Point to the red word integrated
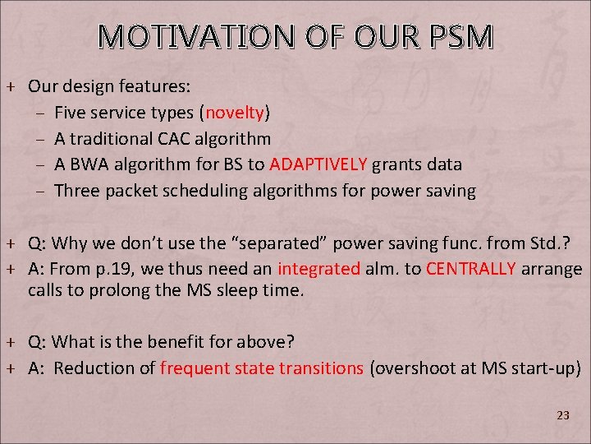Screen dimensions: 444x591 pyautogui.click(x=319, y=268)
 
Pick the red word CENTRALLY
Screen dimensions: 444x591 pyautogui.click(x=471, y=268)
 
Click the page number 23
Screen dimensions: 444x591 pyautogui.click(x=562, y=415)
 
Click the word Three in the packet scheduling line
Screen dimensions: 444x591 pyautogui.click(x=76, y=190)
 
